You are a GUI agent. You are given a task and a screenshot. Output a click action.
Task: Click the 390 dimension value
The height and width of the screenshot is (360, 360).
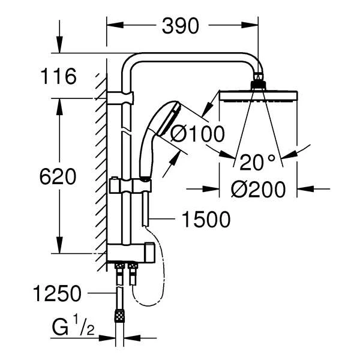(181, 26)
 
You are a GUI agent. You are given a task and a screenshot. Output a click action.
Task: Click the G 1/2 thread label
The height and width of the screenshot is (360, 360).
(67, 329)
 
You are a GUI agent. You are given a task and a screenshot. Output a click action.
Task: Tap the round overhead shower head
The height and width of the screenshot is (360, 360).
(257, 95)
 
